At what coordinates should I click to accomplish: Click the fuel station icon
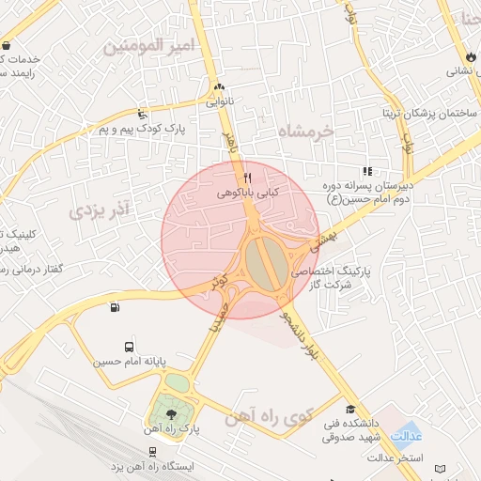(x=115, y=306)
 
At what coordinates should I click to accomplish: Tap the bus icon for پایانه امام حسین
(x=129, y=347)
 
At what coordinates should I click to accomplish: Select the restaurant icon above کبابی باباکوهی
(x=247, y=177)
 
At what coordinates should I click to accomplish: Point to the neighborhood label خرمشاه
(x=307, y=132)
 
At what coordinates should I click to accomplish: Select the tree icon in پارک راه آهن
(x=170, y=413)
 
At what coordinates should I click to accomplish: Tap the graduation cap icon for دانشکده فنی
(x=351, y=410)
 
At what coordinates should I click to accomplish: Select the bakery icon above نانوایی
(x=220, y=85)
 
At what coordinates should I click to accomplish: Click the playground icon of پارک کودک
(x=142, y=113)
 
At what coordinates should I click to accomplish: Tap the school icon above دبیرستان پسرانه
(x=367, y=171)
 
